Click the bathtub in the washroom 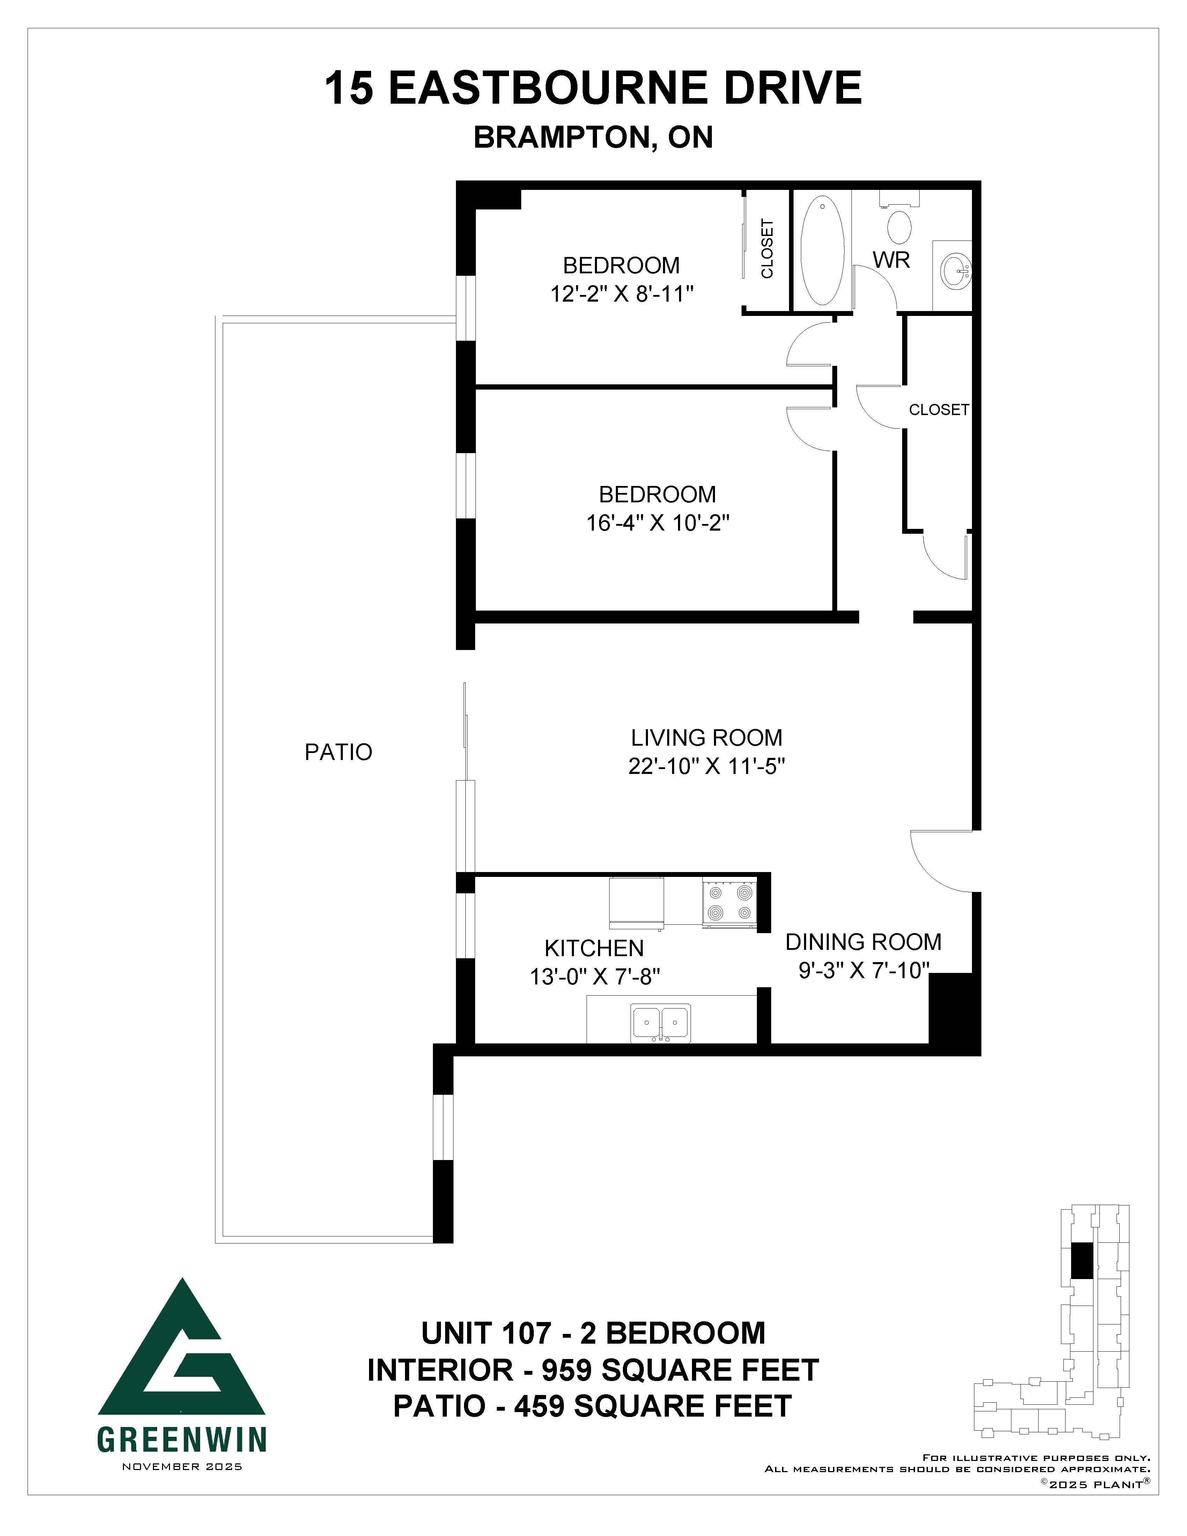pyautogui.click(x=822, y=250)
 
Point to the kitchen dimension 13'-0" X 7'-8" pyautogui.click(x=594, y=977)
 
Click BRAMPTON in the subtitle pyautogui.click(x=562, y=138)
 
